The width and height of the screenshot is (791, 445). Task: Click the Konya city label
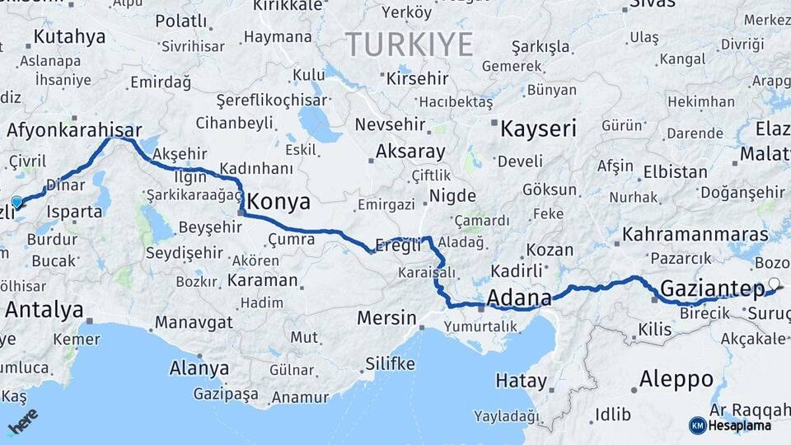(278, 201)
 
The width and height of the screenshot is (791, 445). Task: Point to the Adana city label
(519, 297)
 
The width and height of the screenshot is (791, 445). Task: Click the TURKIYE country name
(409, 44)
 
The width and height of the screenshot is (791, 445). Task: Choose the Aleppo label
(676, 379)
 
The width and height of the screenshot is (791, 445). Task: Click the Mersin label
(387, 317)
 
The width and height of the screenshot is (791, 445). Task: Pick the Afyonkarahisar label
(74, 129)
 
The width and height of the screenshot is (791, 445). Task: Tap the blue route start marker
(16, 201)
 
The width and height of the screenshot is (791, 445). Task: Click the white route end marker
(773, 284)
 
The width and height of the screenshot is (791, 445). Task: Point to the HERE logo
(23, 421)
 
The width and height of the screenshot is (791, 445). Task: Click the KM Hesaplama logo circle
(697, 425)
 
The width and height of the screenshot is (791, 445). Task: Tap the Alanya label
(199, 368)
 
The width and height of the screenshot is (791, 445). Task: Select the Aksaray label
(410, 152)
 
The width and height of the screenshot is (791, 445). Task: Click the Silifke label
(390, 363)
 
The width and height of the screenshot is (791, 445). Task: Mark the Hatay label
(521, 381)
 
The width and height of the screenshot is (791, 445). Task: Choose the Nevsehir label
(390, 125)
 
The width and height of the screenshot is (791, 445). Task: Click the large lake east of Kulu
(319, 124)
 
